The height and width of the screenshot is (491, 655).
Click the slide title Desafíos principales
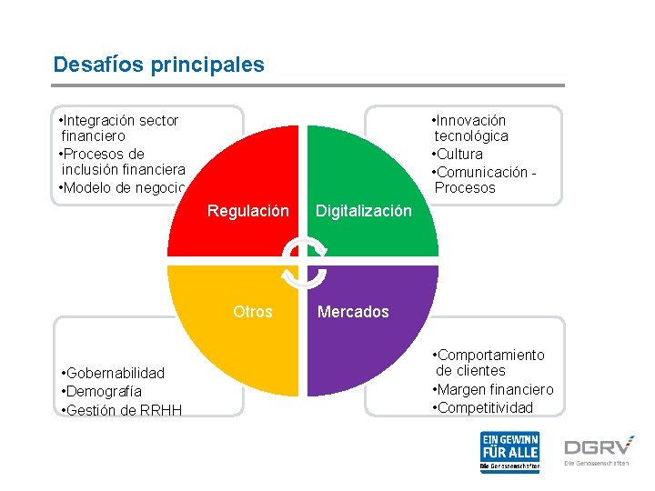pyautogui.click(x=158, y=65)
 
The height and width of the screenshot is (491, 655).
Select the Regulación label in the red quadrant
pyautogui.click(x=247, y=211)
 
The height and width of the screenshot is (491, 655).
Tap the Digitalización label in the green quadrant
pyautogui.click(x=363, y=211)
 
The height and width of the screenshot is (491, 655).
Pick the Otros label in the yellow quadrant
pyautogui.click(x=252, y=312)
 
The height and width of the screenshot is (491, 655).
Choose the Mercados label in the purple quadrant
pyautogui.click(x=352, y=312)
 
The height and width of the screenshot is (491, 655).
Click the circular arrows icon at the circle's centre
pyautogui.click(x=303, y=261)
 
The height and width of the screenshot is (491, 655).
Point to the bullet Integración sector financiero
pyautogui.click(x=118, y=128)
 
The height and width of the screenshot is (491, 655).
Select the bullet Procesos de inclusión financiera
pyautogui.click(x=122, y=162)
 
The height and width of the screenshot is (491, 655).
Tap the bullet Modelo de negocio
pyautogui.click(x=122, y=188)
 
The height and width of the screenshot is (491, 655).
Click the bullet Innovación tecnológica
pyautogui.click(x=470, y=128)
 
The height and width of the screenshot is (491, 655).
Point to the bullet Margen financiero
pyautogui.click(x=493, y=389)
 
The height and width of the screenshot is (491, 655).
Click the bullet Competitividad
pyautogui.click(x=484, y=407)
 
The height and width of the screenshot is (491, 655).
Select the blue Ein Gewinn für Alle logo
pyautogui.click(x=509, y=452)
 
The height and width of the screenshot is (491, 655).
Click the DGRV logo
pyautogui.click(x=597, y=448)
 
